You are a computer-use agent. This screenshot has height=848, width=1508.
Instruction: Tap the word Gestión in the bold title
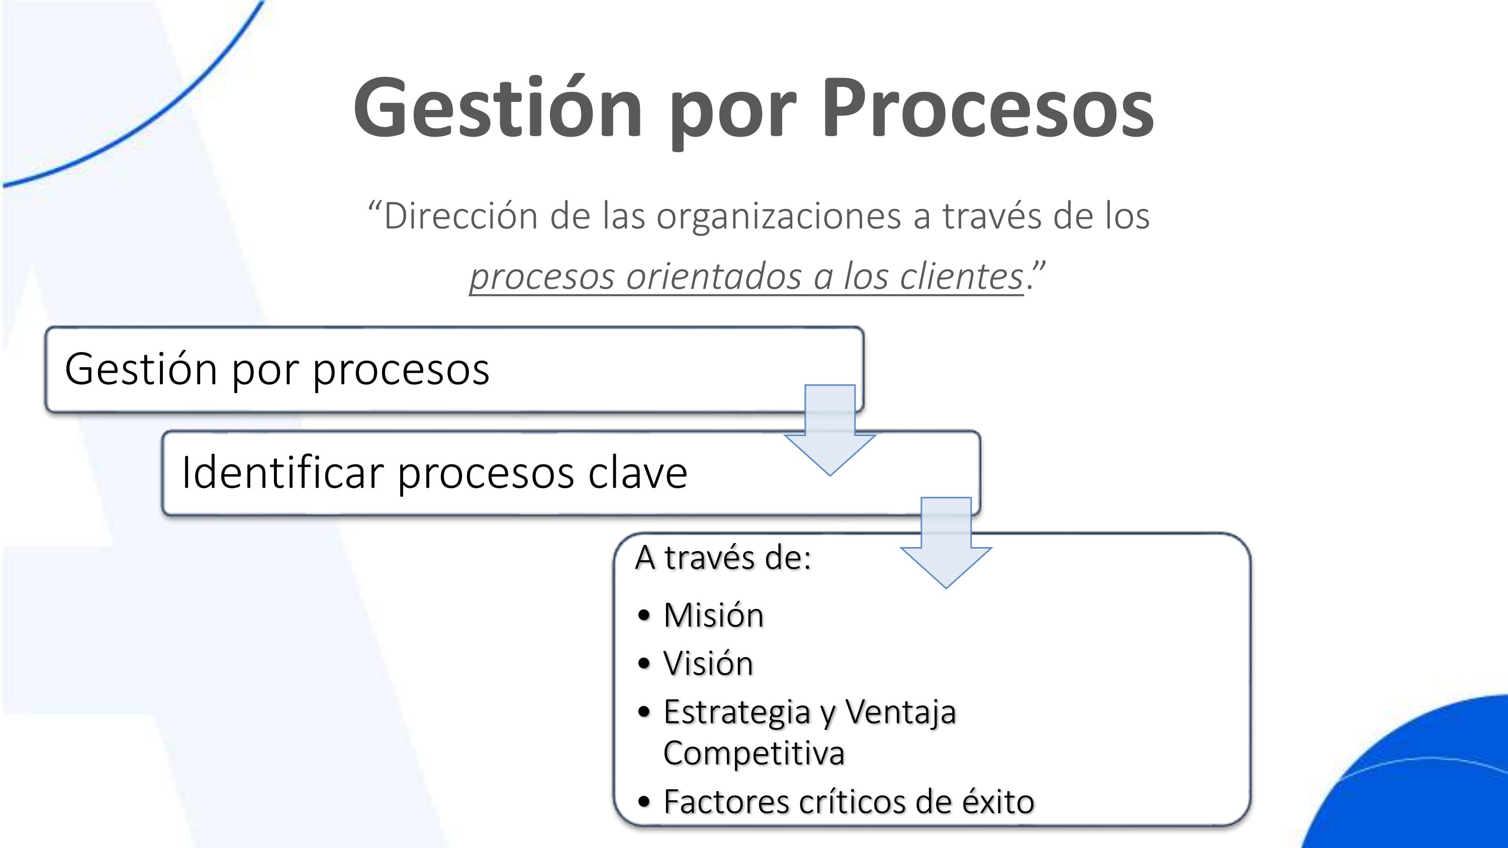tap(498, 109)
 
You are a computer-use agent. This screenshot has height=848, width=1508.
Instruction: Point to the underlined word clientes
tap(961, 276)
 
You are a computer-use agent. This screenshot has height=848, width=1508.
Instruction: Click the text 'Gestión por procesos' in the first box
tap(277, 369)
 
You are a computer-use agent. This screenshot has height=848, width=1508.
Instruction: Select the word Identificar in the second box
tap(282, 472)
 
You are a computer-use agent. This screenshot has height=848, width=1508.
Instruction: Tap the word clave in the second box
tap(637, 472)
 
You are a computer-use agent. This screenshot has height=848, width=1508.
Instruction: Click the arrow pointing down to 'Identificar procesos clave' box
tap(829, 433)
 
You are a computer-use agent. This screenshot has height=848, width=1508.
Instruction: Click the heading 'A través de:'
tap(723, 557)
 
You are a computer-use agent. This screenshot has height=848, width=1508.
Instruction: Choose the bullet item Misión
tap(713, 615)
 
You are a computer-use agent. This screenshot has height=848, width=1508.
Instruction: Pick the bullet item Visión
tap(708, 664)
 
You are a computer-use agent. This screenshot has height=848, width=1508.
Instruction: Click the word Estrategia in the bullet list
tap(736, 713)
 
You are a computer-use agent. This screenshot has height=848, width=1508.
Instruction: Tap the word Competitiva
tap(753, 753)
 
